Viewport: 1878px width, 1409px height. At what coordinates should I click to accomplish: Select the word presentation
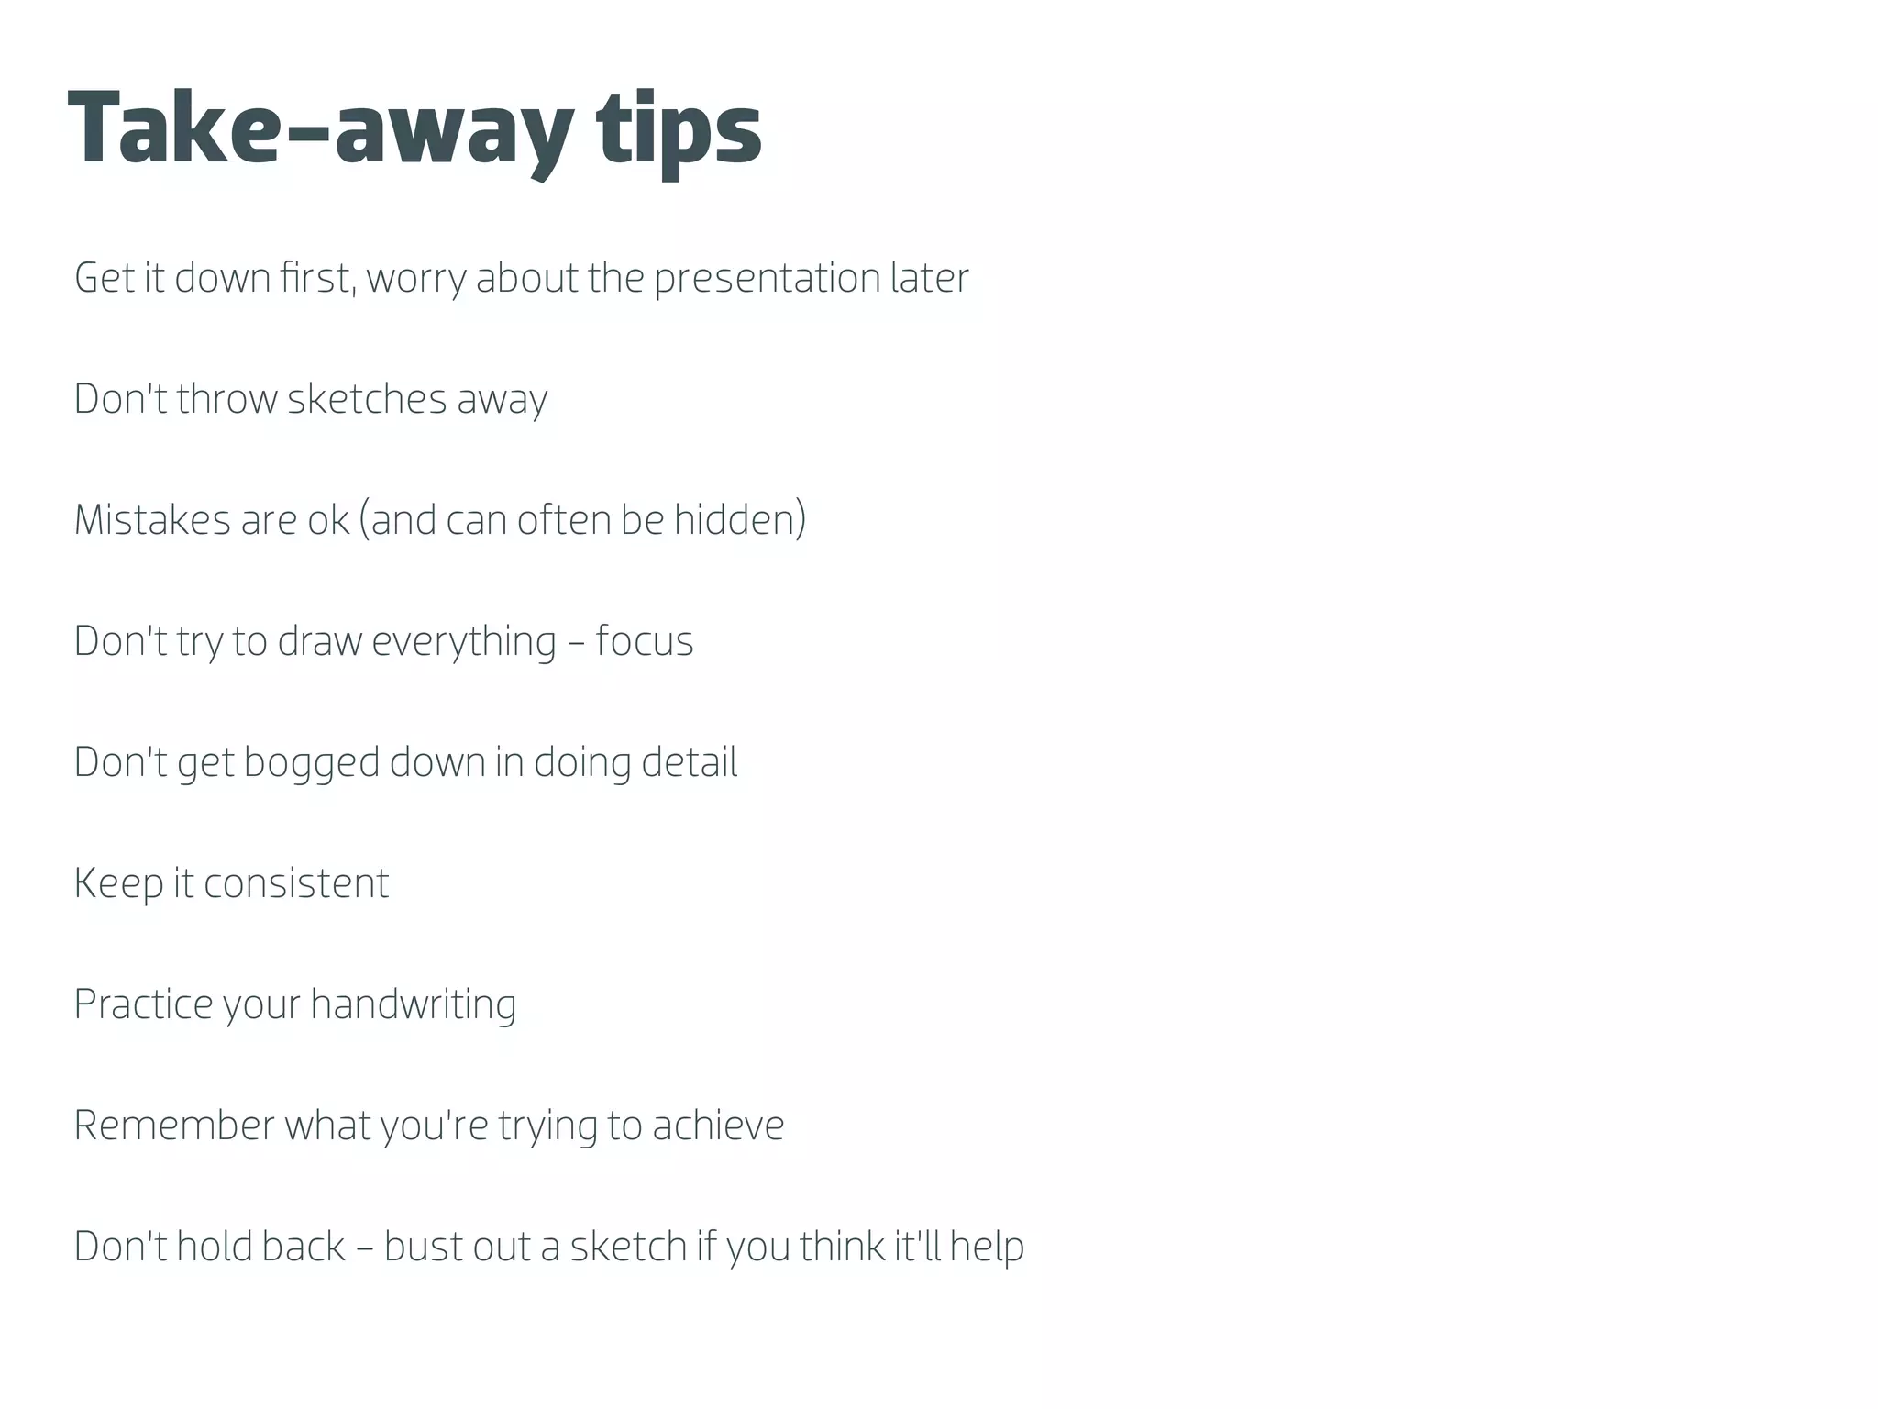point(767,278)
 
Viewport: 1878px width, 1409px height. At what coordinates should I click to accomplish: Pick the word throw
point(226,399)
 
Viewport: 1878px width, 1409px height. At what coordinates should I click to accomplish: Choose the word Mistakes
point(152,520)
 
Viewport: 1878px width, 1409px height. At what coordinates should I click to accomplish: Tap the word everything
point(464,641)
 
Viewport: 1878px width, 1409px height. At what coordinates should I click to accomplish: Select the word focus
point(645,641)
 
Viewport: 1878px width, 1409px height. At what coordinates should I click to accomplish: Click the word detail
point(689,762)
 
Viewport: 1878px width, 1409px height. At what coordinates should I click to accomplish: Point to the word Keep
point(118,883)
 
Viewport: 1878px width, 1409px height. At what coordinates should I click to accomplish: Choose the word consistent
point(296,883)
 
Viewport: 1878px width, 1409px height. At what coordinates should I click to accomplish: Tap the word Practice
point(143,1004)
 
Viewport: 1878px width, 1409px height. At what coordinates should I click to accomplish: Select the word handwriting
point(413,1004)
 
